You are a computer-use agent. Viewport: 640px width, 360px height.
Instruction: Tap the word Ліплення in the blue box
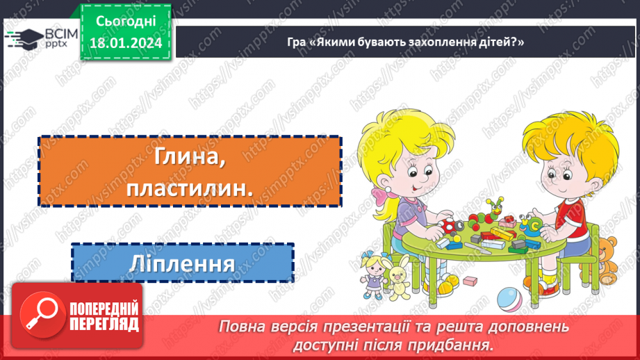(182, 263)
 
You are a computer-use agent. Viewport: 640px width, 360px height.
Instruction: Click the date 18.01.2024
(125, 43)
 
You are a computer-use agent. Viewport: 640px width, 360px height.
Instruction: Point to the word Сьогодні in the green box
(125, 22)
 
